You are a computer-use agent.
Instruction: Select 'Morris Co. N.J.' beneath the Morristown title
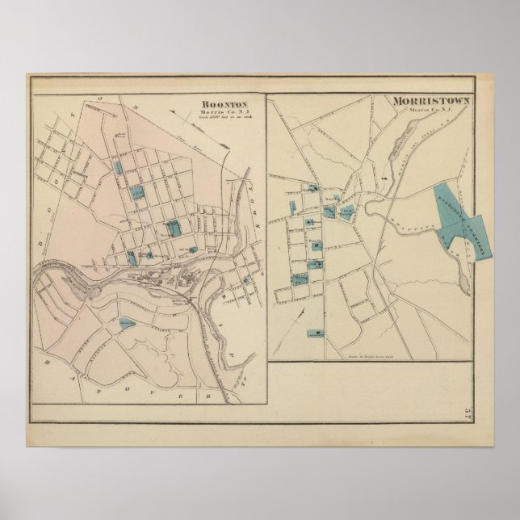[426, 110]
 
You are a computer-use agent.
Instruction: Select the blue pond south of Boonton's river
[128, 323]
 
